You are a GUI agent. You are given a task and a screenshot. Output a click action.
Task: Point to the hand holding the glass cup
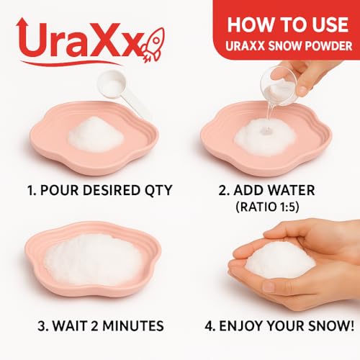(x=317, y=72)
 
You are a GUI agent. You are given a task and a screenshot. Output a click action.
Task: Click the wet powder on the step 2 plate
(x=267, y=134)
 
